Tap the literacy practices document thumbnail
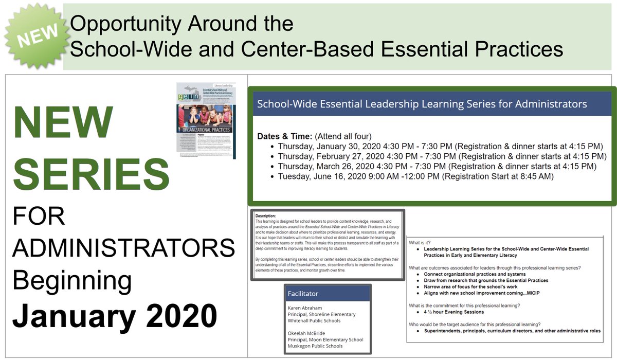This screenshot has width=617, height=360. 206,120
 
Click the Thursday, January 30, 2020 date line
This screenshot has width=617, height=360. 440,146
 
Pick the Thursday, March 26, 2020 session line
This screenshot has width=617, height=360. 437,167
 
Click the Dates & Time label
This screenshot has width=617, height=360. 285,136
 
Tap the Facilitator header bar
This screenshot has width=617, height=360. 328,293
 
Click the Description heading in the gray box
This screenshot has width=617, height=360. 265,215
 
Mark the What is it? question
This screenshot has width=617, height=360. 420,242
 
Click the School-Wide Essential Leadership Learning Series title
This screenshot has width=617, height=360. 422,104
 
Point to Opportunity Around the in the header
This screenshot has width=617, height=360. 182,24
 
